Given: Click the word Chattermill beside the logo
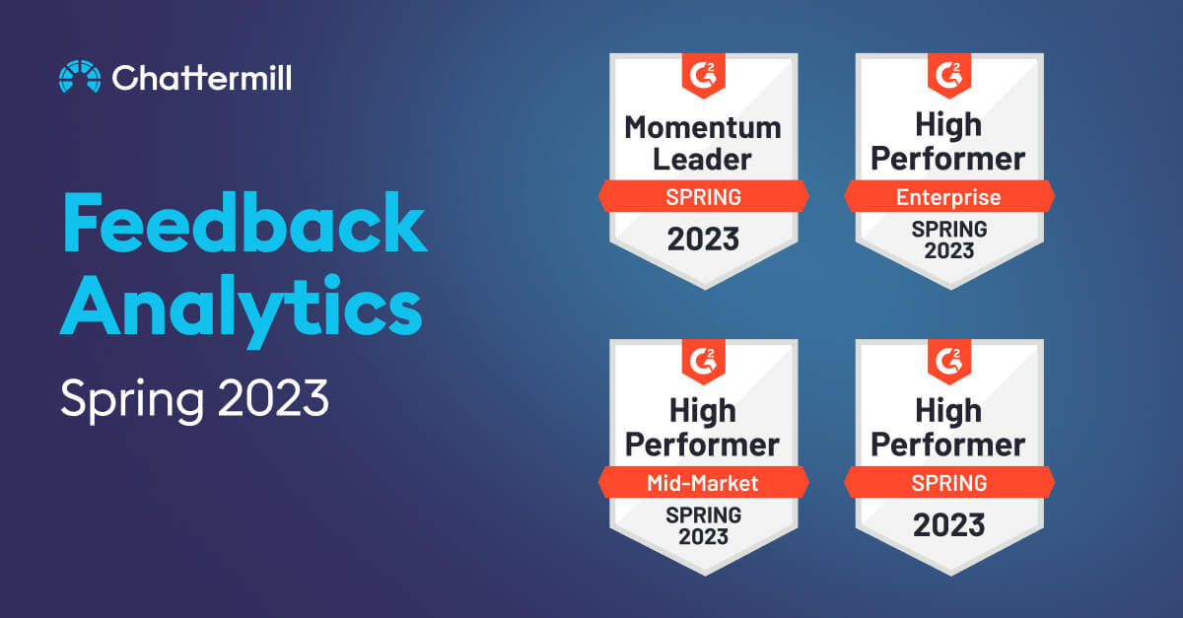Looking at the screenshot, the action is pyautogui.click(x=202, y=78).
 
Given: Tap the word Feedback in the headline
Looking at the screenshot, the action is pyautogui.click(x=245, y=223).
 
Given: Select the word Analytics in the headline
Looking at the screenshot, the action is pyautogui.click(x=242, y=309).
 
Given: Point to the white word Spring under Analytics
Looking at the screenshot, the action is pyautogui.click(x=132, y=400).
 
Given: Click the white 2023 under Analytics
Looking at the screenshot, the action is pyautogui.click(x=273, y=397).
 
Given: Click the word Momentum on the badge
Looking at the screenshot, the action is pyautogui.click(x=703, y=128).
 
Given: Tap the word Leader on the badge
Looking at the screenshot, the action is pyautogui.click(x=702, y=160).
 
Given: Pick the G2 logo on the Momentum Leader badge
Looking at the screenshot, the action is pyautogui.click(x=704, y=75).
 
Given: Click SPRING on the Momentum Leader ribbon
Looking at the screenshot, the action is pyautogui.click(x=704, y=197).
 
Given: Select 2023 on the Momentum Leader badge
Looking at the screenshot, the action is pyautogui.click(x=704, y=239).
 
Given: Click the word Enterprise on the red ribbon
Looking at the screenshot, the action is pyautogui.click(x=948, y=197).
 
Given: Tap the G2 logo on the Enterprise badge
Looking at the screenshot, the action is pyautogui.click(x=949, y=75).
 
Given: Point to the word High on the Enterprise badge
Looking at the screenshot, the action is pyautogui.click(x=948, y=126).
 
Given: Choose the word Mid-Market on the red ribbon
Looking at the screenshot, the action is pyautogui.click(x=703, y=483).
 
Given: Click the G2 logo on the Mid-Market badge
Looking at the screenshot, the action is pyautogui.click(x=704, y=362).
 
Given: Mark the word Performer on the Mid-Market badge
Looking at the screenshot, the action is pyautogui.click(x=702, y=446).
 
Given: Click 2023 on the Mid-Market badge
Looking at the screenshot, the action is pyautogui.click(x=704, y=536).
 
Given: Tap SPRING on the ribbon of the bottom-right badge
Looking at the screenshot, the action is pyautogui.click(x=949, y=483).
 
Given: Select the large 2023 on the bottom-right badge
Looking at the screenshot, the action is pyautogui.click(x=949, y=525).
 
